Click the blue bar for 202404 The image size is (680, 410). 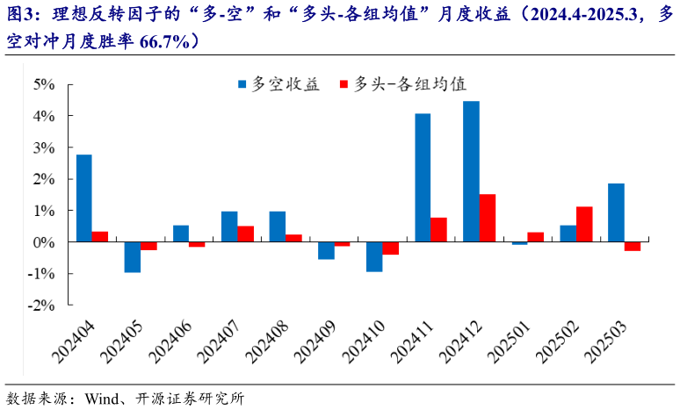(84, 198)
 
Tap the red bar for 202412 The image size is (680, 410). (488, 218)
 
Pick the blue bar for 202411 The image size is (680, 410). (423, 177)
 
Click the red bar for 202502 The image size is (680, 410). (584, 224)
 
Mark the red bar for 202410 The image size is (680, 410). (391, 248)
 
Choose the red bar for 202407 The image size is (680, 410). (246, 234)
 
